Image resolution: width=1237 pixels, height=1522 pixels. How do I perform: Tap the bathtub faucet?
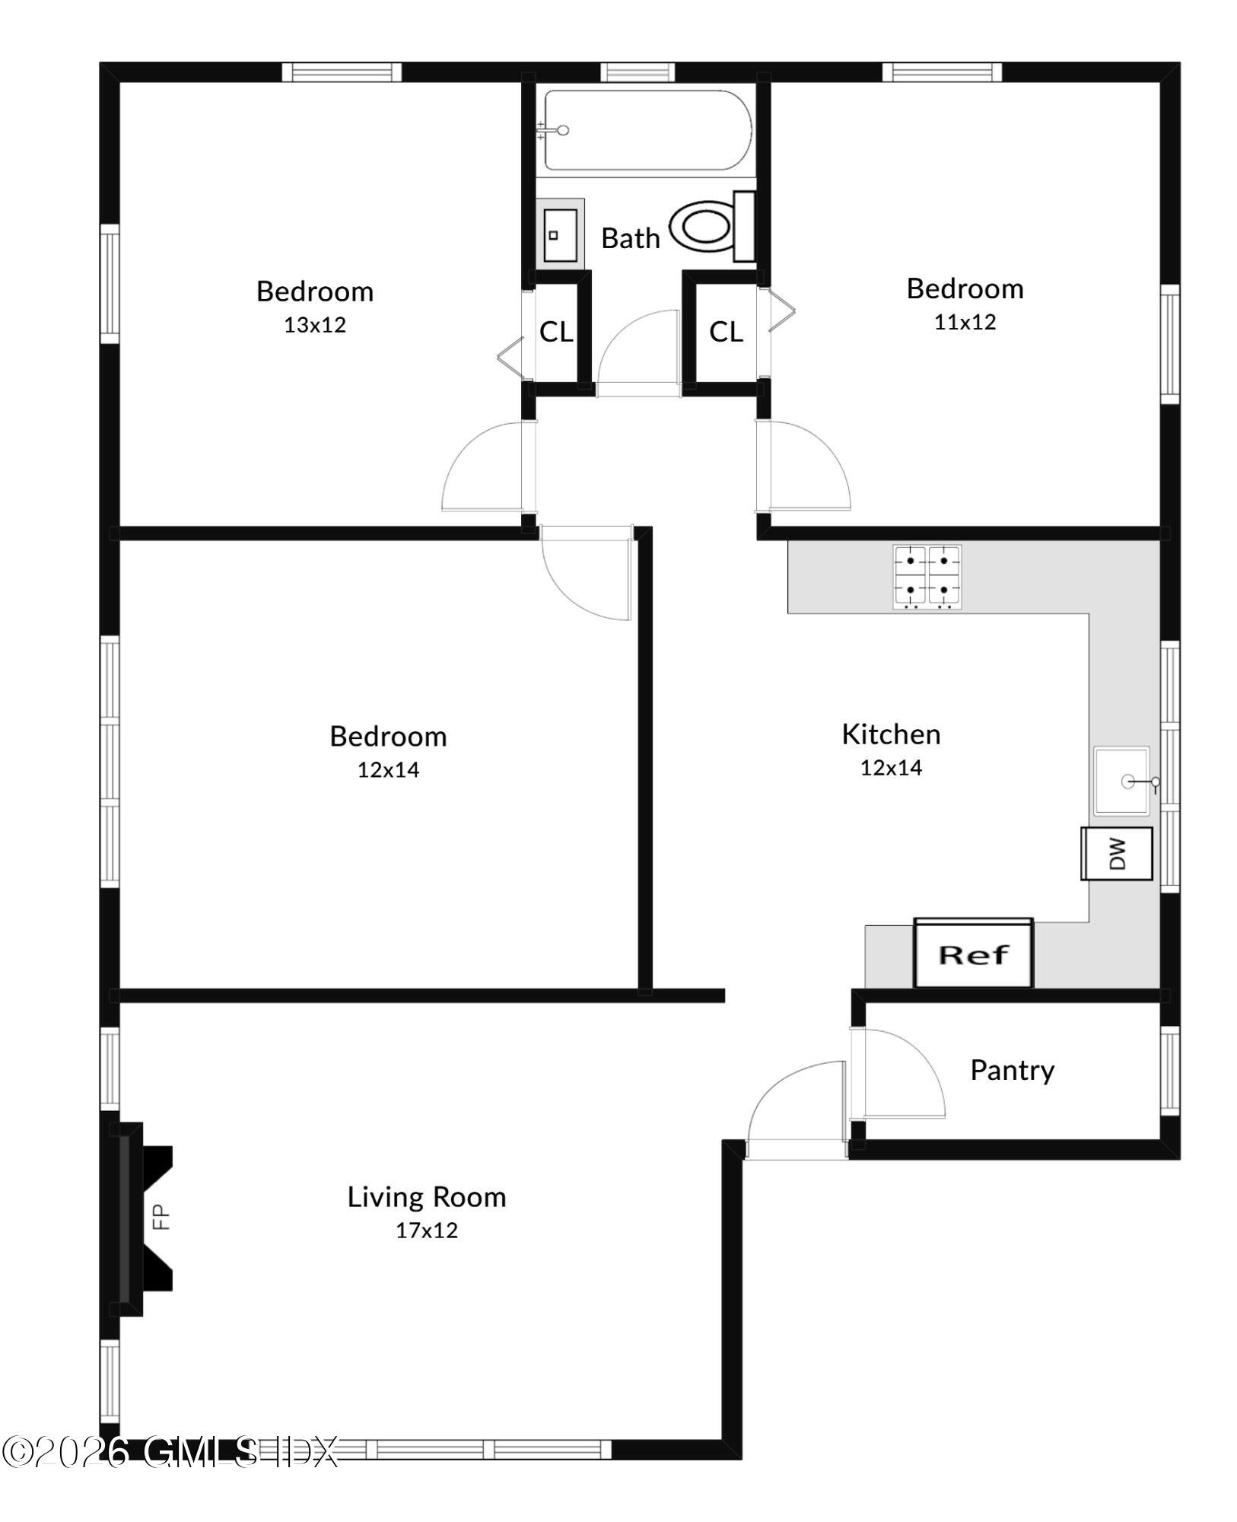555,131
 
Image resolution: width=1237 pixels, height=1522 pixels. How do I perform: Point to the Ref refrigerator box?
973,954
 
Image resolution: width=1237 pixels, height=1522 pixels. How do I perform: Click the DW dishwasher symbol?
1117,854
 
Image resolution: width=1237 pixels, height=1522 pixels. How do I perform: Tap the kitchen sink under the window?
1122,781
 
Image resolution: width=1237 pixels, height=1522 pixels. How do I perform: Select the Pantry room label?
1012,1070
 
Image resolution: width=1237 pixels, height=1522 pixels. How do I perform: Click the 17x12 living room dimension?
426,1231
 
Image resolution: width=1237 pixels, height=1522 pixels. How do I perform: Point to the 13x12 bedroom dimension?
315,325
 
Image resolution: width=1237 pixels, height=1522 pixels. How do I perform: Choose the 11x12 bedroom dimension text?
965,322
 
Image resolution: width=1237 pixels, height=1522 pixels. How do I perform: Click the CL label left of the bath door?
556,332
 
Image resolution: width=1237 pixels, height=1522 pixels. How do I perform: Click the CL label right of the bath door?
726,332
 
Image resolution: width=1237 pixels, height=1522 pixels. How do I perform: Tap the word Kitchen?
891,734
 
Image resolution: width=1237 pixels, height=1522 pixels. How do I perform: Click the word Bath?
630,238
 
